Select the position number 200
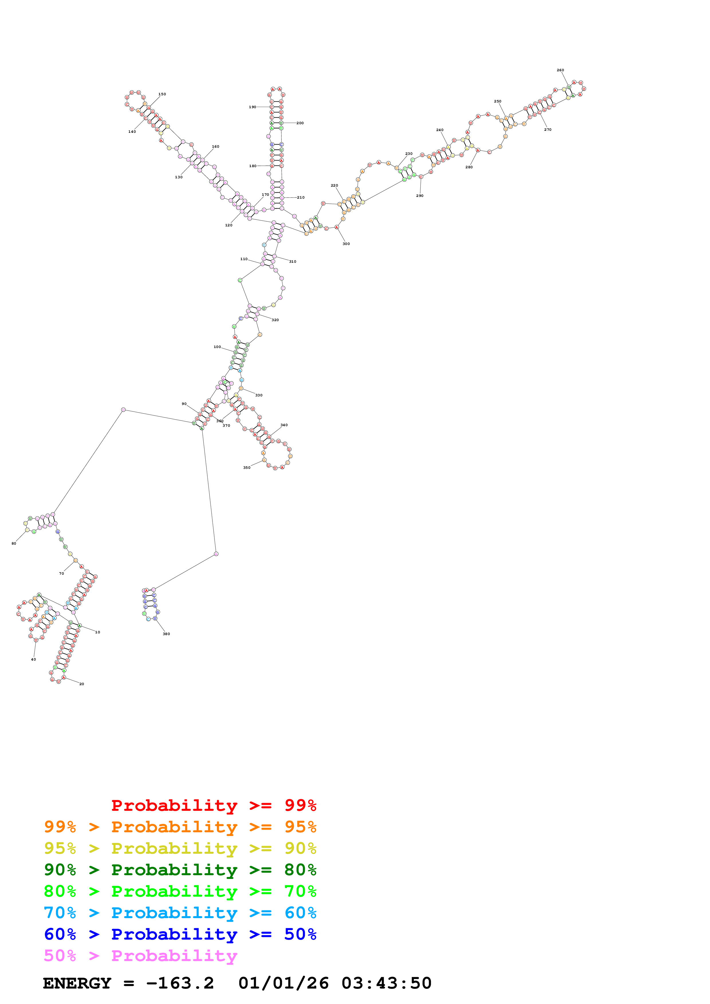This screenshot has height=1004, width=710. (x=300, y=123)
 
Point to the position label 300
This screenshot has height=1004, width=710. (x=346, y=244)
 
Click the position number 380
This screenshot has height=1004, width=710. (x=166, y=634)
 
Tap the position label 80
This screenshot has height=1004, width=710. (x=13, y=543)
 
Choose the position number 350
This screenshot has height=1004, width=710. (x=247, y=467)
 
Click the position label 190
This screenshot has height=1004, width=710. (x=252, y=107)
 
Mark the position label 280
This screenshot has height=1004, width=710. (x=469, y=167)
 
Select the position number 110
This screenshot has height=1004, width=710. (x=244, y=259)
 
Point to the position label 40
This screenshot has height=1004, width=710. (x=33, y=659)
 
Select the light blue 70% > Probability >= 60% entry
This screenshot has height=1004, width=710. (x=180, y=913)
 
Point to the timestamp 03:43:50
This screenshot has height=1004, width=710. (x=386, y=983)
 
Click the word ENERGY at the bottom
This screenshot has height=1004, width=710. (x=77, y=983)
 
